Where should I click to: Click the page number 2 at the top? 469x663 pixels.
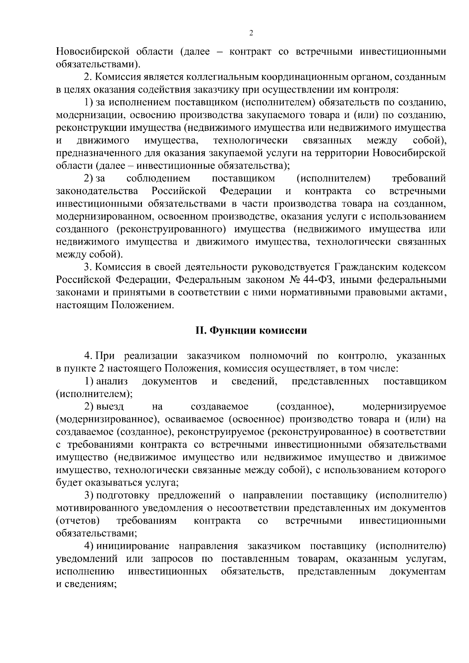(x=251, y=33)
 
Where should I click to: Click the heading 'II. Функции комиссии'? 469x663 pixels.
(x=251, y=331)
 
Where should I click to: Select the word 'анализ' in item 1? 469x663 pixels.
(x=112, y=381)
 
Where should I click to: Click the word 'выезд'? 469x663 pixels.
(x=110, y=406)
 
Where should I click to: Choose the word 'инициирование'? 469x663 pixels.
(x=132, y=546)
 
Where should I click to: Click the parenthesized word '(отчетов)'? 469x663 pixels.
(x=78, y=521)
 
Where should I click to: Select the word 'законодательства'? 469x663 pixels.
(x=97, y=191)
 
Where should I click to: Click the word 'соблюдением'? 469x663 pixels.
(x=158, y=179)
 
